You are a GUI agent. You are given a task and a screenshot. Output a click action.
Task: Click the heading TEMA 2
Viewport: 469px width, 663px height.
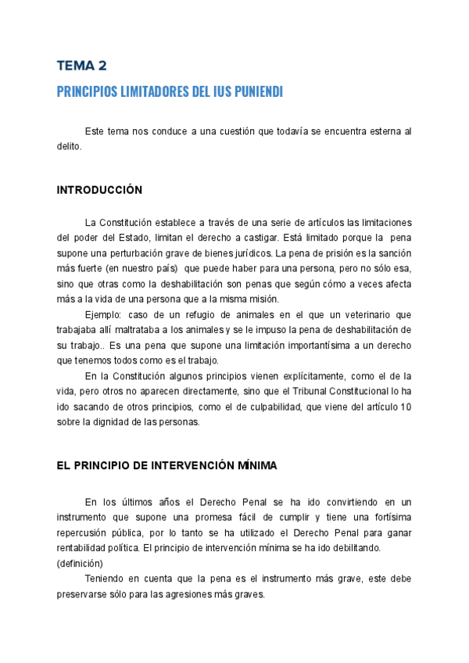82,66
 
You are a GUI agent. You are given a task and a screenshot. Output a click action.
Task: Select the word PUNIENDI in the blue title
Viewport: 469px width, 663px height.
254,92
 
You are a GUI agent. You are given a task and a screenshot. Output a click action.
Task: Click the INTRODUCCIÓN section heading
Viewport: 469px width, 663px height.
99,190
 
